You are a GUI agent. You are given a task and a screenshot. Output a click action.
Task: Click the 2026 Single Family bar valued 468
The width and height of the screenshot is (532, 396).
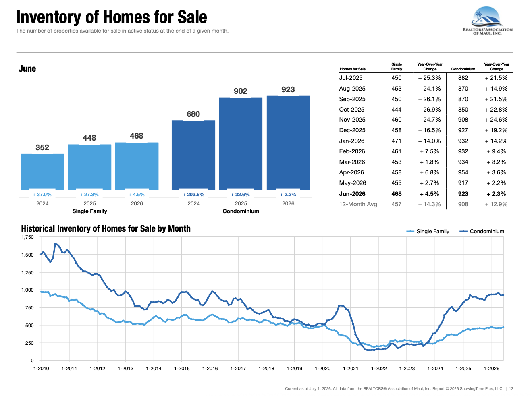pos(137,166)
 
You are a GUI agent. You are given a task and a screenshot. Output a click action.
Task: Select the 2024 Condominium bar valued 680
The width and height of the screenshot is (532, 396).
pos(193,155)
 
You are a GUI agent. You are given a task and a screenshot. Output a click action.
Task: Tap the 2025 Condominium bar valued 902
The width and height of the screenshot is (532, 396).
pos(241,144)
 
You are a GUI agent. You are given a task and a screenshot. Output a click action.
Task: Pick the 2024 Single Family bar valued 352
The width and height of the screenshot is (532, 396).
pos(42,172)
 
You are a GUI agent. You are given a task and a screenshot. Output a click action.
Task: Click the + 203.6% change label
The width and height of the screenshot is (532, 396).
pos(193,195)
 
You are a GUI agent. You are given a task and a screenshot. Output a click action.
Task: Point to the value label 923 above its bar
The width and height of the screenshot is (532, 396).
pos(288,89)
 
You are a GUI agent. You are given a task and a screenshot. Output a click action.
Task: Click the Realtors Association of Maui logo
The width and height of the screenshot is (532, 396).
pos(488,21)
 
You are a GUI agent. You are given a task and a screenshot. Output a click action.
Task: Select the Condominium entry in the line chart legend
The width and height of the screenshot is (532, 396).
pos(482,232)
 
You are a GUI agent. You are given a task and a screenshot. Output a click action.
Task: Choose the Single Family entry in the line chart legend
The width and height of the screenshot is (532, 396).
pos(428,232)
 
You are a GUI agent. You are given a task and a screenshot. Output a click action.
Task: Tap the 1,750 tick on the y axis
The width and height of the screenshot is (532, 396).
pos(27,237)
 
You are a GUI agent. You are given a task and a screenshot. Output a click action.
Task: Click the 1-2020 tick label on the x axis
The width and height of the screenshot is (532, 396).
pos(322,369)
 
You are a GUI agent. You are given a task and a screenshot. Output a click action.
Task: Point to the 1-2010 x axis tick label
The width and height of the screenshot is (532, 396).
pos(41,369)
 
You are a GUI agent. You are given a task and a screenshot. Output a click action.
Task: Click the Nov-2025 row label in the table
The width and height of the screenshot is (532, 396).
pos(352,120)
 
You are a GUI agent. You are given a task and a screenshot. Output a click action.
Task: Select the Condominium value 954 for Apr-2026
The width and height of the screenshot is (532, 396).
pos(463,172)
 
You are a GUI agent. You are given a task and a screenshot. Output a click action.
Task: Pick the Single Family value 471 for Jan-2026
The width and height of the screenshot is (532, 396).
pos(397,141)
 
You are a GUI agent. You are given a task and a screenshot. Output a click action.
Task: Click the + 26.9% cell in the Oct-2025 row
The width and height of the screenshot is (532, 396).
pos(429,110)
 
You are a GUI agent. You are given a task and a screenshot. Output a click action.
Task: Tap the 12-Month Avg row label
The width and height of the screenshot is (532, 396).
pos(358,204)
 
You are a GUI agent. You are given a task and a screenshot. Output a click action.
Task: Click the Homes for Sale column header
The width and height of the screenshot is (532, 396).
pos(352,69)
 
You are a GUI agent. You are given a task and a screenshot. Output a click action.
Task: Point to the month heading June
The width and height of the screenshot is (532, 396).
pos(27,69)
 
